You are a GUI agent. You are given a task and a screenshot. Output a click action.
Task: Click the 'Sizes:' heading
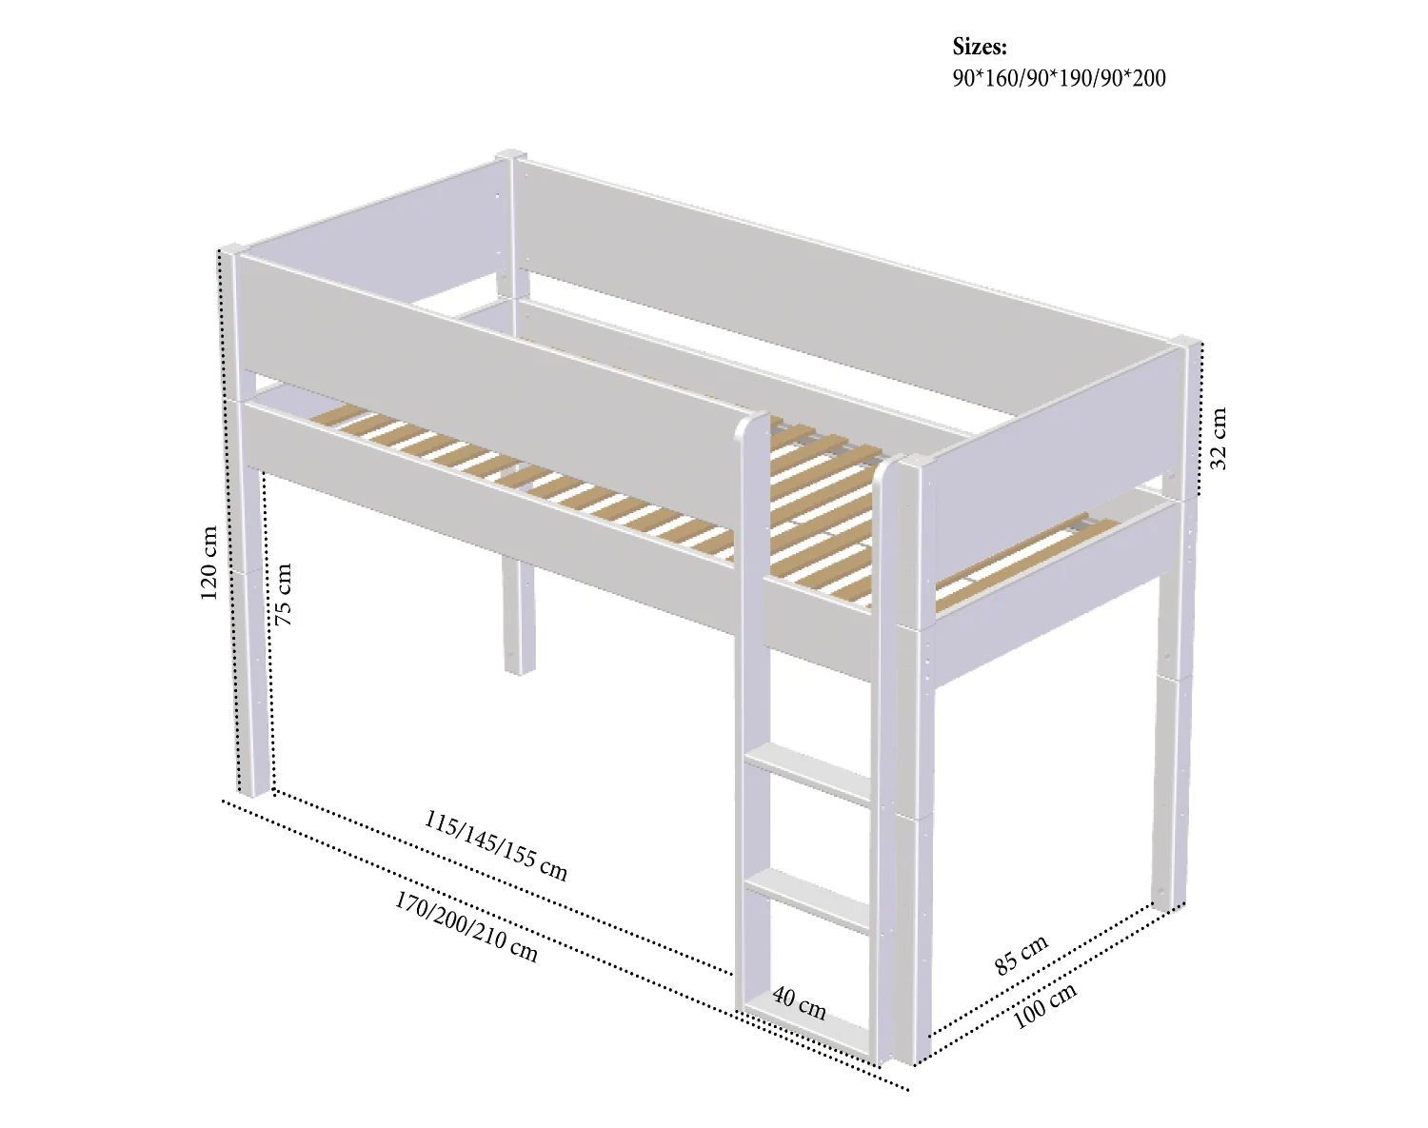click(980, 47)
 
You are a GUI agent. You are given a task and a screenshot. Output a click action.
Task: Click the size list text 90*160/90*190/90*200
click(1059, 78)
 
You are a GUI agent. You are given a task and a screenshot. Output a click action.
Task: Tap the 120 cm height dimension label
click(208, 564)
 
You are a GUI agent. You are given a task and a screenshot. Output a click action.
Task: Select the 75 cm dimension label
click(283, 594)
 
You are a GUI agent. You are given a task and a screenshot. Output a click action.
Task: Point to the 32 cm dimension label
click(1219, 439)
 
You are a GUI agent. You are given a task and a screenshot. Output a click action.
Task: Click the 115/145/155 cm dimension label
click(496, 845)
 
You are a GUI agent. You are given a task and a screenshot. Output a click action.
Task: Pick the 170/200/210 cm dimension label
click(466, 926)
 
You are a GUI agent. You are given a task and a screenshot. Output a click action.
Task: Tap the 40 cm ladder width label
click(799, 1003)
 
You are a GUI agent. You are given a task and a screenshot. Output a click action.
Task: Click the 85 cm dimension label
click(1021, 955)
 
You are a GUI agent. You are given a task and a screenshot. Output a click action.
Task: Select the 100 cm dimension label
click(1044, 1005)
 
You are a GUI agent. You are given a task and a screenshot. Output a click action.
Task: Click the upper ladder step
click(808, 774)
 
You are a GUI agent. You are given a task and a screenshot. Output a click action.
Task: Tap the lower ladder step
click(808, 900)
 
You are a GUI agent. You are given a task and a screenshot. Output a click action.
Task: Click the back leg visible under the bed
click(519, 617)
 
